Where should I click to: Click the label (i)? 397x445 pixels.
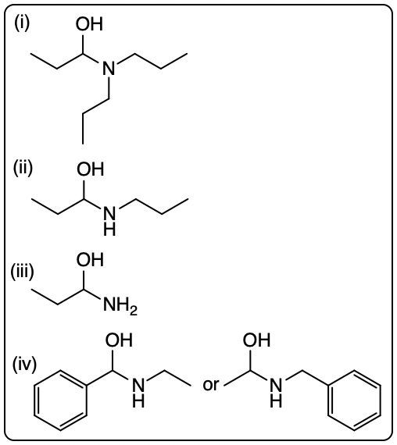[x=22, y=23]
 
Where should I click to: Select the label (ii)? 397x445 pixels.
[x=23, y=168]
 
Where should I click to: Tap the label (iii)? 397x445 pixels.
[x=22, y=272]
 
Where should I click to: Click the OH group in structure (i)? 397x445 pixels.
[x=89, y=24]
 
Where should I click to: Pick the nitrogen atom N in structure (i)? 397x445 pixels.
[x=109, y=68]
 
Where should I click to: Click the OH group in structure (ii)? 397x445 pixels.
[x=90, y=169]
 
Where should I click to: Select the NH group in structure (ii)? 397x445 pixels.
[x=109, y=222]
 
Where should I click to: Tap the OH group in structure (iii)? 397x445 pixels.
[x=90, y=259]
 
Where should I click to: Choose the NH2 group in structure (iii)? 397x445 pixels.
[x=120, y=305]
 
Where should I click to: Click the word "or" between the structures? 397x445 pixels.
[x=210, y=385]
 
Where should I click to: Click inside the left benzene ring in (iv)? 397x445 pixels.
[x=60, y=400]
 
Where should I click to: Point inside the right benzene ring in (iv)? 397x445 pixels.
[x=354, y=400]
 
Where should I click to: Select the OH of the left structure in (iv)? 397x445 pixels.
[x=119, y=340]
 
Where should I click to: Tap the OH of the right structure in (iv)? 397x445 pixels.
[x=256, y=340]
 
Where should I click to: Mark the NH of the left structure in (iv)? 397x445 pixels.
[x=138, y=392]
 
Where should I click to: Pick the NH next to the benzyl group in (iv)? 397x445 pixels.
[x=276, y=392]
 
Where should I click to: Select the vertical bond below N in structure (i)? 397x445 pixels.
[x=109, y=88]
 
